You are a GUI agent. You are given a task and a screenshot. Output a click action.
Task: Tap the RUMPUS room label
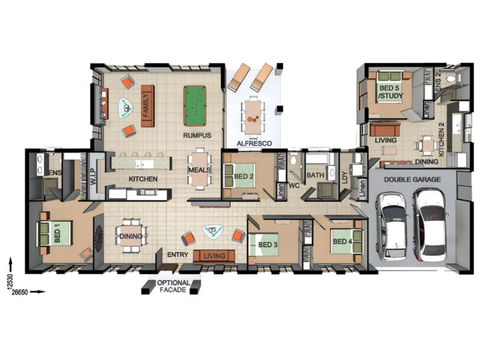(197, 135)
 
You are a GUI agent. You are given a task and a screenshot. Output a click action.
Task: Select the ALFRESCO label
(254, 143)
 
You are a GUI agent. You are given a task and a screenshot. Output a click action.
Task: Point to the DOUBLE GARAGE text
(412, 180)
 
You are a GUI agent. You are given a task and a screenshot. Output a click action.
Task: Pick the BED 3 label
(268, 245)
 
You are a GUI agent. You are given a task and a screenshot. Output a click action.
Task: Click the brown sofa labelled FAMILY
(147, 106)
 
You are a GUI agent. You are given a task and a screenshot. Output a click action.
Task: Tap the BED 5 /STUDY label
(390, 92)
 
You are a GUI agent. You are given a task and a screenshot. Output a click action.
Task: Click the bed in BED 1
(55, 233)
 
